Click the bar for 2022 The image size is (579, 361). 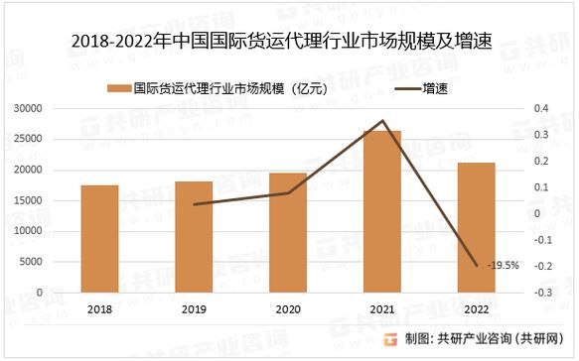click(x=477, y=227)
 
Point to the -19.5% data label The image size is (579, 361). click(x=503, y=266)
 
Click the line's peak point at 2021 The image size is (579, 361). click(x=382, y=121)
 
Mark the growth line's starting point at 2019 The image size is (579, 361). click(x=194, y=204)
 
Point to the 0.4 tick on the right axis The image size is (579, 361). click(x=540, y=108)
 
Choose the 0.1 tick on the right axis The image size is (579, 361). click(x=540, y=187)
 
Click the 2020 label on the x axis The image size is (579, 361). click(x=288, y=310)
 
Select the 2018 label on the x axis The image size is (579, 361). click(x=99, y=310)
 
